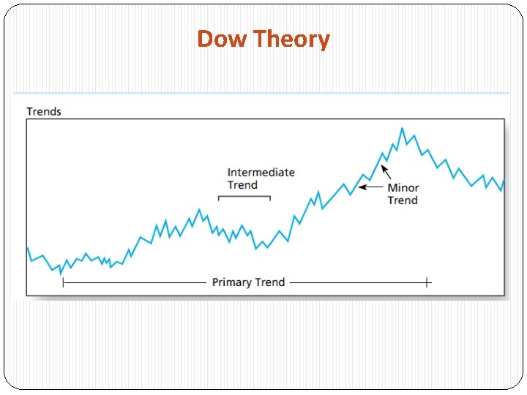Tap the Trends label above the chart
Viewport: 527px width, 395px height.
point(44,112)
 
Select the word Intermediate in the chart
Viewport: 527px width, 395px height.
point(261,173)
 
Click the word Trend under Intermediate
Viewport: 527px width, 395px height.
point(242,185)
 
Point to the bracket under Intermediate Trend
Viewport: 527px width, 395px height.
point(244,196)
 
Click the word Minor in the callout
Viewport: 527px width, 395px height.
point(403,188)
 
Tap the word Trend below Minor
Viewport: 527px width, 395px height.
point(403,200)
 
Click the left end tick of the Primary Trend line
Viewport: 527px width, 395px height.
point(63,282)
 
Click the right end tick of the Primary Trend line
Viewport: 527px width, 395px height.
point(427,282)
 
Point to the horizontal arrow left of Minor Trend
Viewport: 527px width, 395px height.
point(370,187)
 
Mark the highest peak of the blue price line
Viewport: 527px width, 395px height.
point(401,129)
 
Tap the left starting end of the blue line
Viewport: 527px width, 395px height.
point(27,247)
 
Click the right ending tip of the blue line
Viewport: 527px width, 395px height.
point(504,181)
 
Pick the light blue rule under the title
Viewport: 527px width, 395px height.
point(261,93)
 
